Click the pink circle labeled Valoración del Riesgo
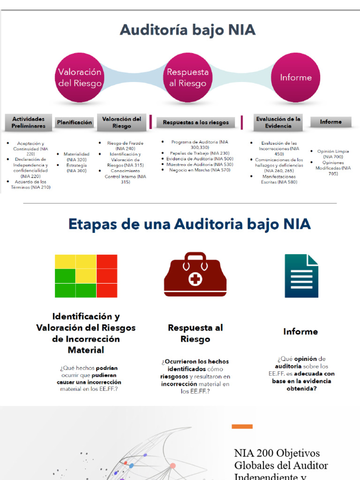[x=79, y=78]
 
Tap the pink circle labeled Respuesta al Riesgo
[x=187, y=78]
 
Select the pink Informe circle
[x=295, y=78]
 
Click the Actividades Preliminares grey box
[x=29, y=122]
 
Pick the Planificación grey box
[x=75, y=122]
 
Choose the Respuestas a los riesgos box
[x=195, y=122]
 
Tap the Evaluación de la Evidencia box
[x=278, y=122]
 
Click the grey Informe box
[x=330, y=122]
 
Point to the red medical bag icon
[x=195, y=275]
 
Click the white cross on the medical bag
[x=195, y=280]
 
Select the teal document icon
[x=301, y=276]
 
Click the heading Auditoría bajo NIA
[x=187, y=30]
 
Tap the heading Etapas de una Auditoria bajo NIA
[x=189, y=224]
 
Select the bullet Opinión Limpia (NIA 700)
[x=333, y=154]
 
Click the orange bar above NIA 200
[x=242, y=427]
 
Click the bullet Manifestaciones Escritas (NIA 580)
[x=279, y=180]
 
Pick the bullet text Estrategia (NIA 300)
[x=76, y=168]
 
